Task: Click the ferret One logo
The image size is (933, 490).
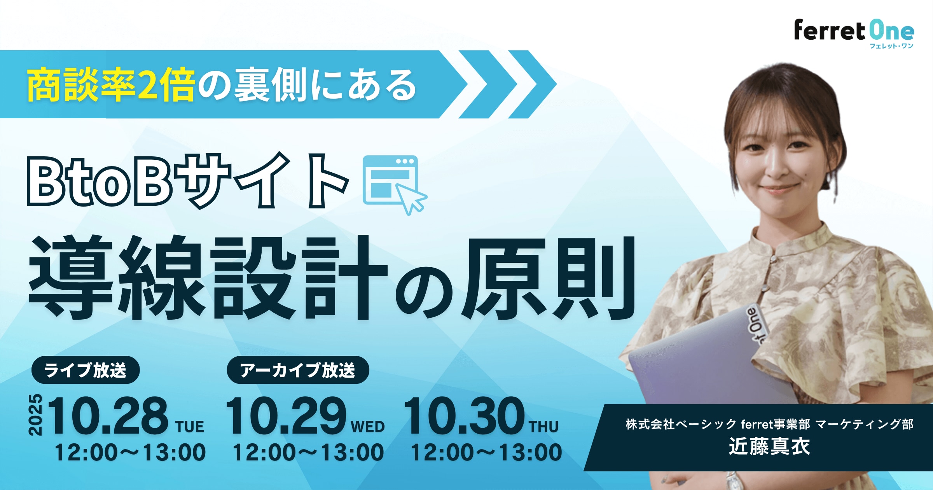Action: click(854, 33)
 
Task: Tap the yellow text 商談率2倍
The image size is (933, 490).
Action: click(111, 85)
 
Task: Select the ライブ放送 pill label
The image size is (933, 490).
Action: click(86, 370)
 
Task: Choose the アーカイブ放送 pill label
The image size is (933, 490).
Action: click(298, 370)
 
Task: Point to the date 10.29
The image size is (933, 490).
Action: click(286, 415)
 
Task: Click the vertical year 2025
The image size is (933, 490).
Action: click(35, 415)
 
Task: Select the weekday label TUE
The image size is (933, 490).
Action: click(190, 427)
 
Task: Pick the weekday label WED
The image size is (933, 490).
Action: click(368, 427)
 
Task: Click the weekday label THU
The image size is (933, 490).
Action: click(544, 427)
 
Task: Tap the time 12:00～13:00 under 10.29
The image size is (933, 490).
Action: click(308, 452)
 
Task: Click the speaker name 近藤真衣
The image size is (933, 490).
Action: click(769, 446)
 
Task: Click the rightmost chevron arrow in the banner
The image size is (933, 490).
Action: click(533, 84)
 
